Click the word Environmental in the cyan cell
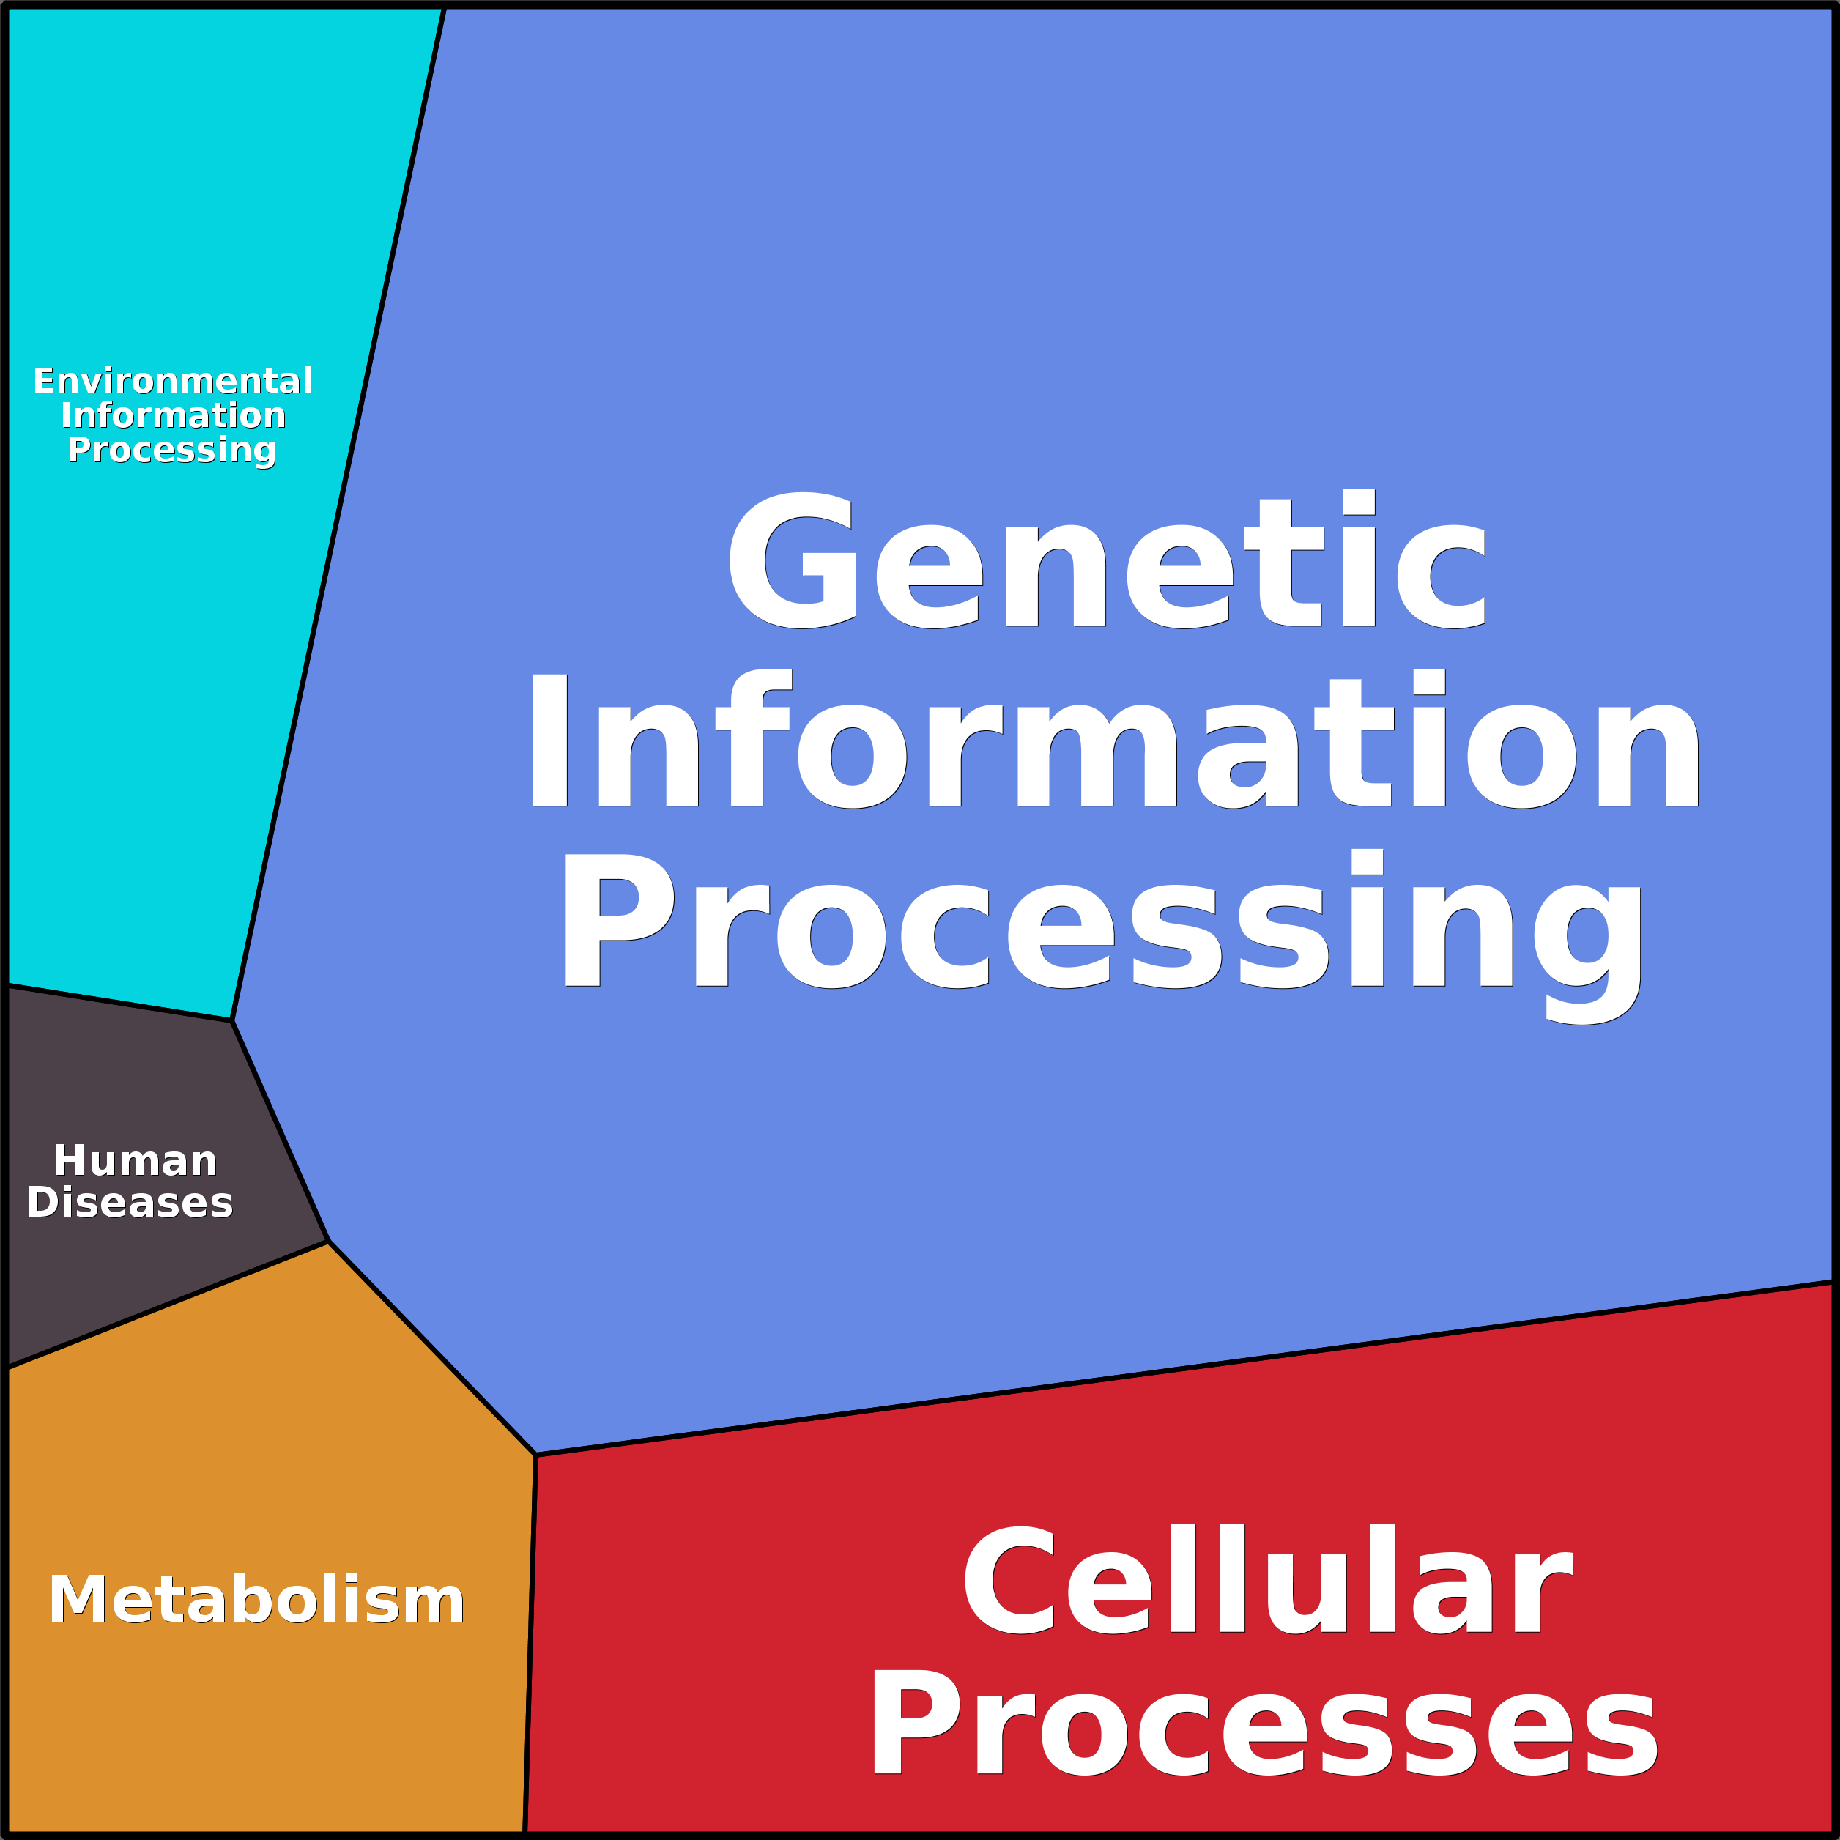click(172, 381)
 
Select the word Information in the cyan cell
click(172, 415)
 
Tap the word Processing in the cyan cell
click(172, 450)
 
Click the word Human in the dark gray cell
click(136, 1160)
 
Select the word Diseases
click(130, 1202)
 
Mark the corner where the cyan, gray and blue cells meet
click(232, 1021)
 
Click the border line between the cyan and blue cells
click(338, 514)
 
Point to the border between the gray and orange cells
click(168, 1305)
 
